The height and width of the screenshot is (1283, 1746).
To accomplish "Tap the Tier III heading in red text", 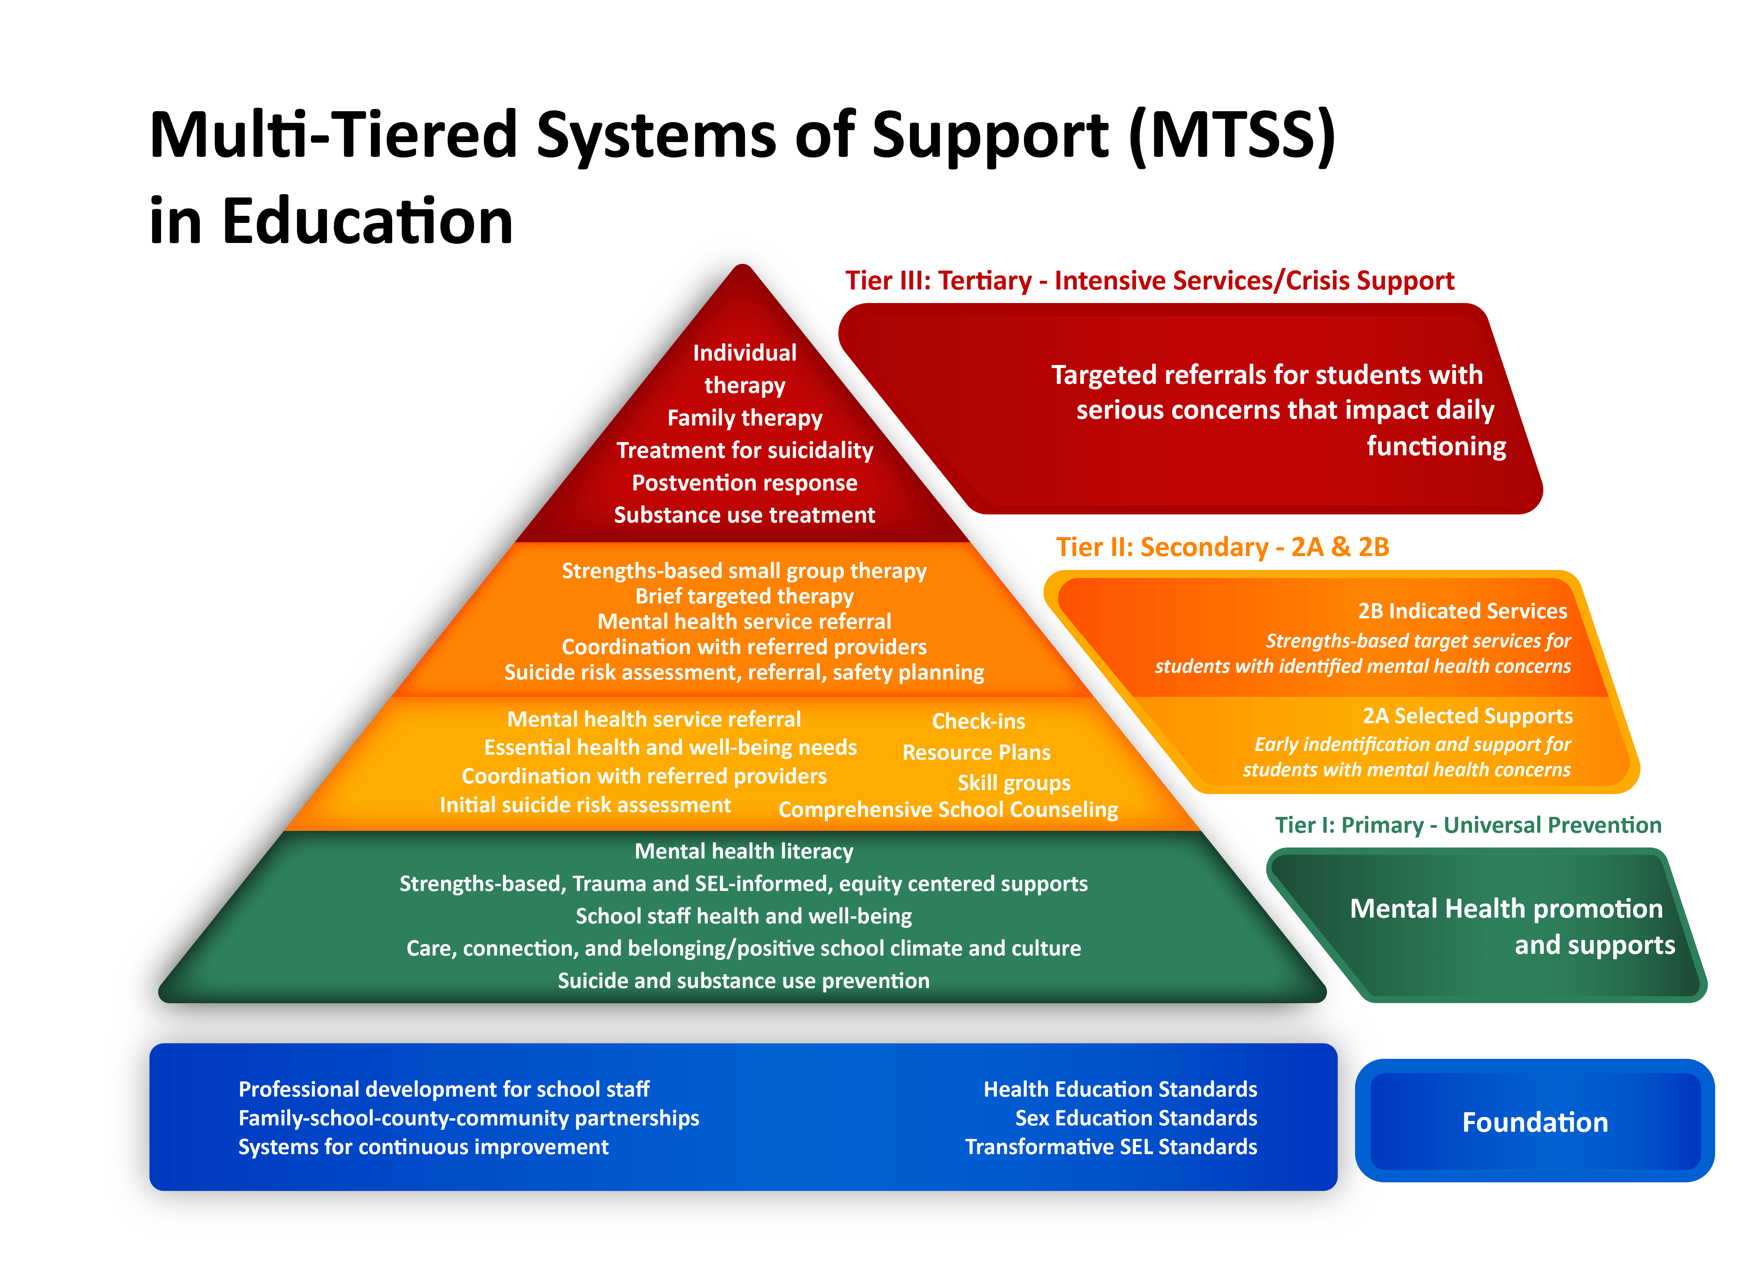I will pyautogui.click(x=1149, y=280).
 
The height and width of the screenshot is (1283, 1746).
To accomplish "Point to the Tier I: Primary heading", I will pyautogui.click(x=1467, y=825).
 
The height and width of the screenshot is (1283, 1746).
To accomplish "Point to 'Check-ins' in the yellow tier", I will pyautogui.click(x=978, y=721).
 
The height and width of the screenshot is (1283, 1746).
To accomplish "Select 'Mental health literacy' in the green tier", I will pyautogui.click(x=744, y=851).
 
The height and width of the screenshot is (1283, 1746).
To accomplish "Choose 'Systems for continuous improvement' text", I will pyautogui.click(x=423, y=1147).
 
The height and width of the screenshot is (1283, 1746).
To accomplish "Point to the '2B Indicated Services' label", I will pyautogui.click(x=1462, y=611).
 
